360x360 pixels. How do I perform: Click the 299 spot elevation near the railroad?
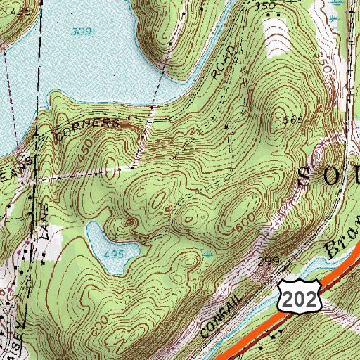click(269, 260)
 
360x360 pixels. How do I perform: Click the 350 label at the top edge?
click(265, 6)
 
